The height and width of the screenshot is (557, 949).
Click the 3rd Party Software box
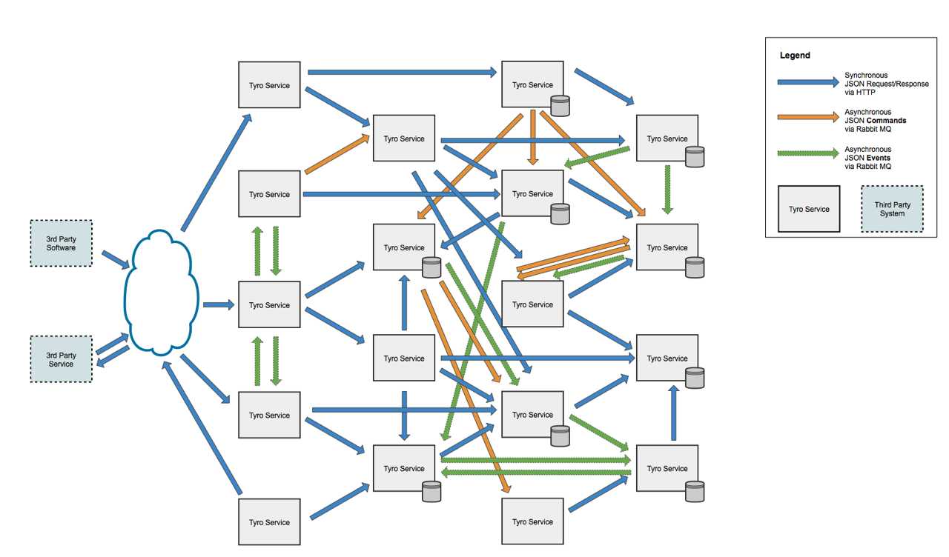tap(61, 244)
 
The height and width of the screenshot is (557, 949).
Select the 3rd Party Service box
tap(61, 359)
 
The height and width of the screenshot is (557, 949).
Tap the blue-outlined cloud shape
tap(162, 293)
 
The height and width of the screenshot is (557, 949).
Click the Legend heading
tap(795, 56)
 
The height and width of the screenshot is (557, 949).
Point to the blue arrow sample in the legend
tap(808, 82)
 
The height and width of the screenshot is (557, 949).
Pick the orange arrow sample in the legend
tap(808, 117)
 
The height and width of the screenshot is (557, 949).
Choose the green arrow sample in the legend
tap(808, 153)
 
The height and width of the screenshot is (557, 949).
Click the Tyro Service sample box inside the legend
tap(809, 209)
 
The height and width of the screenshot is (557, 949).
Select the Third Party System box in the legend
tap(892, 209)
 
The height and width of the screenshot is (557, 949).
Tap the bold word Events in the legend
tap(879, 158)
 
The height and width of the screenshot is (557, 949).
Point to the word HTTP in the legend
tap(866, 93)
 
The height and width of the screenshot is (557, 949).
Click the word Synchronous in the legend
tap(866, 76)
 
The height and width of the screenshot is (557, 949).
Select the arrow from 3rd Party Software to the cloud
tap(116, 259)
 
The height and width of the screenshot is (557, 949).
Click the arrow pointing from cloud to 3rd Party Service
tap(113, 357)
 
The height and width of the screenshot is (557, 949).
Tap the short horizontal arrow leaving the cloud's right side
tap(219, 304)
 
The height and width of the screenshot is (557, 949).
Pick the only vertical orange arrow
tap(533, 138)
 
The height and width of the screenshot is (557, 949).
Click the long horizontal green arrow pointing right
tap(536, 460)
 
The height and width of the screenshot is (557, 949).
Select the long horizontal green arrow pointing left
tap(536, 472)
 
